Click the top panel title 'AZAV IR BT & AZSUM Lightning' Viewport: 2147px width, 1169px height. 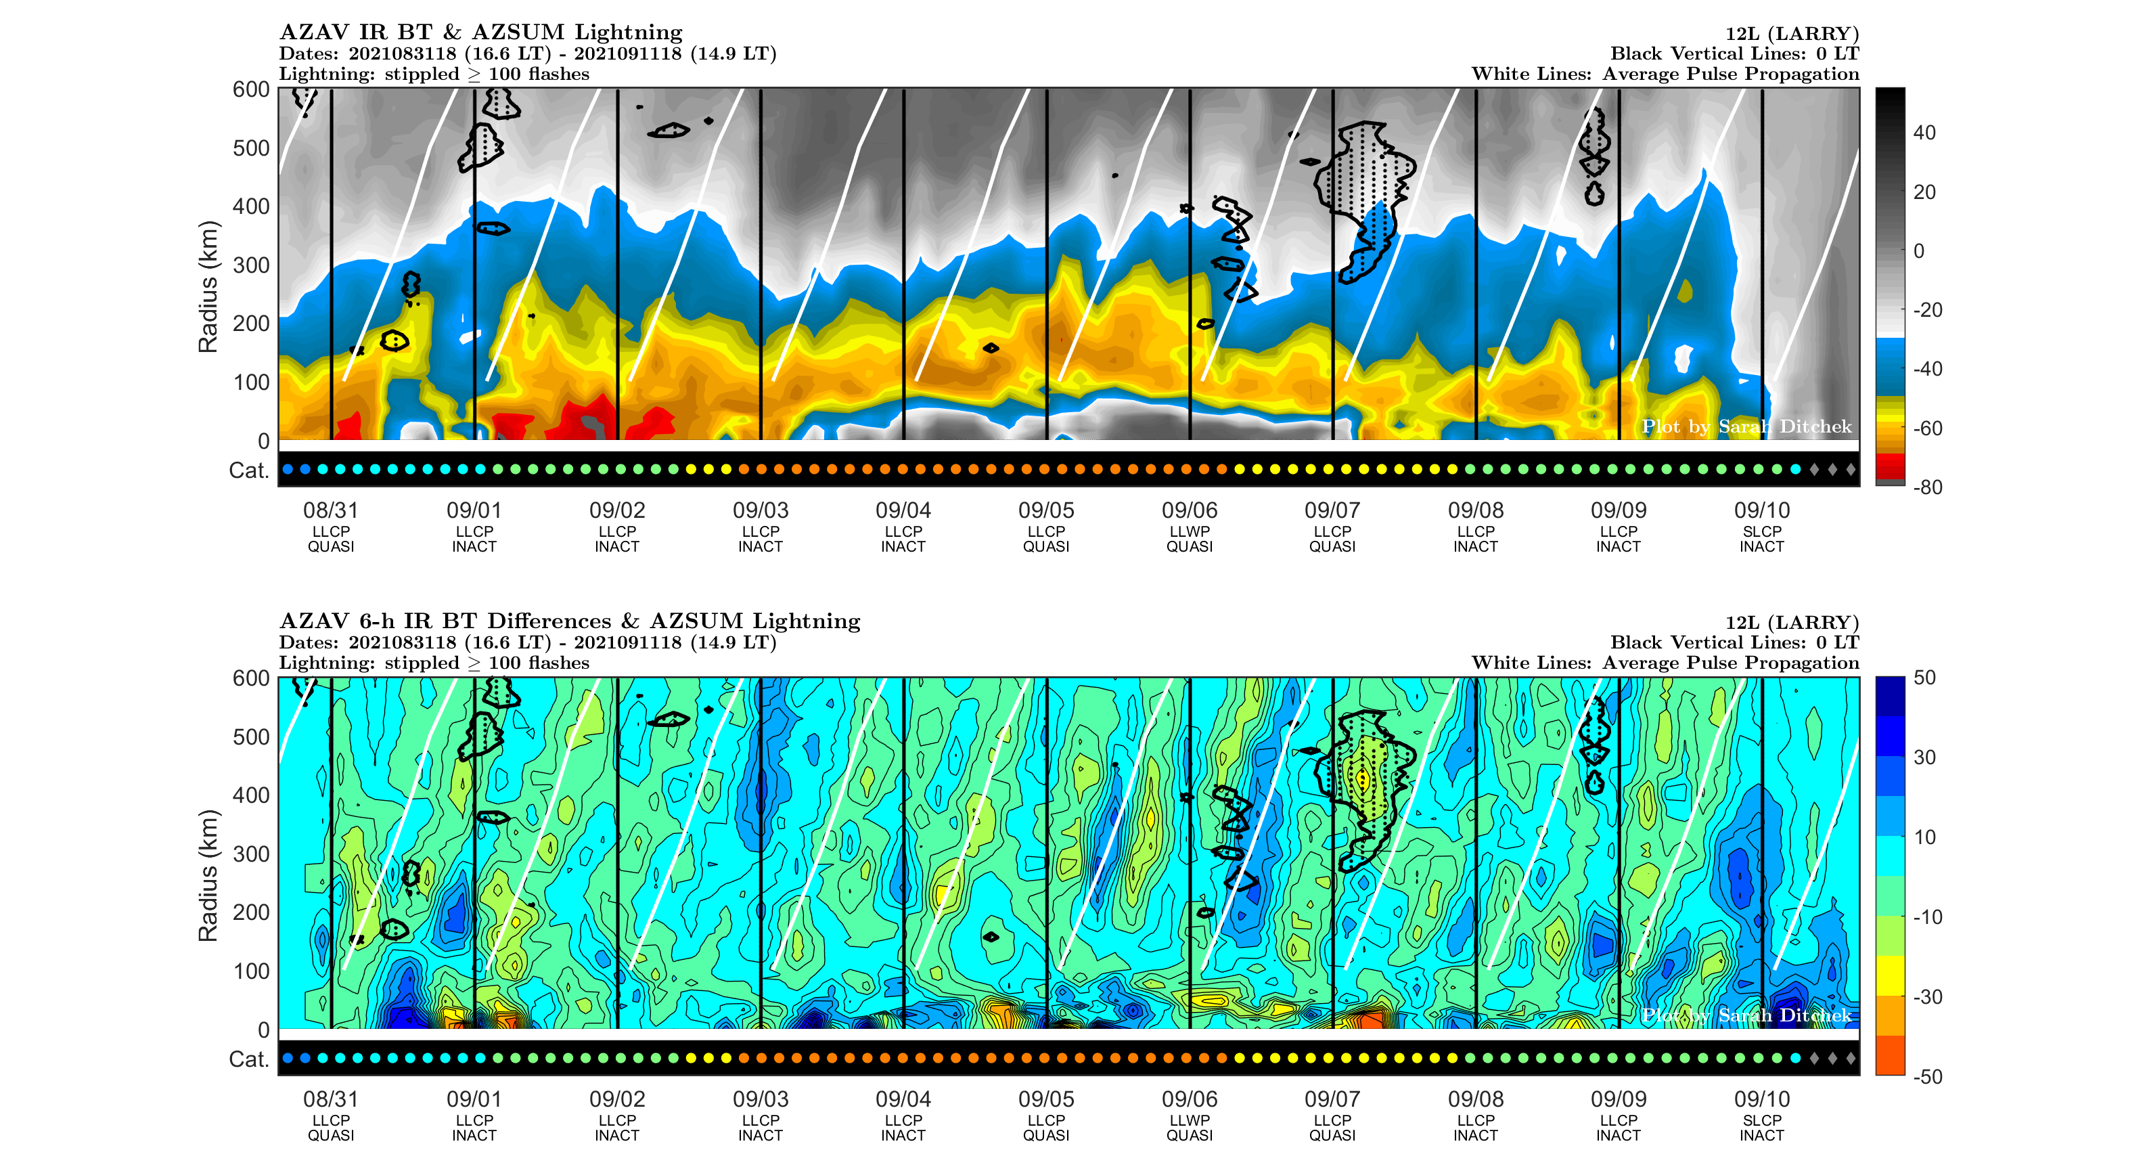(481, 32)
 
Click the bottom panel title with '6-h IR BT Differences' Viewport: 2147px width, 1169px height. (569, 621)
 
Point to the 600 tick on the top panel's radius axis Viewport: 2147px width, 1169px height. (251, 89)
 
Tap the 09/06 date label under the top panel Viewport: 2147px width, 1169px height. (1190, 510)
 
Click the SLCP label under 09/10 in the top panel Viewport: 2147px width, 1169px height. (1762, 531)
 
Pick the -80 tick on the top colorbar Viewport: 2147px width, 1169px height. (1928, 487)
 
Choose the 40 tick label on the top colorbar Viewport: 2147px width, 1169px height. (1924, 133)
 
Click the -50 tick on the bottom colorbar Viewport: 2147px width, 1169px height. (1928, 1076)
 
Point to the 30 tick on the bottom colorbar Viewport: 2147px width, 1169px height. (1924, 757)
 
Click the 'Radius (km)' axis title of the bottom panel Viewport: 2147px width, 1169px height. (208, 875)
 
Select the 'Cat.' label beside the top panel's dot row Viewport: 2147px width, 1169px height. (248, 470)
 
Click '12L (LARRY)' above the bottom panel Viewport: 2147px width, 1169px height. (1792, 622)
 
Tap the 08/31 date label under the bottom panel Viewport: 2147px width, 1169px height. (330, 1099)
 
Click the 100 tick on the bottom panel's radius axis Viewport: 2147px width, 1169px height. (251, 971)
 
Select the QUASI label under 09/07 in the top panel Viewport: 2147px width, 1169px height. (1332, 547)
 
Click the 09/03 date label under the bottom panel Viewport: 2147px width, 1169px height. (760, 1099)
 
